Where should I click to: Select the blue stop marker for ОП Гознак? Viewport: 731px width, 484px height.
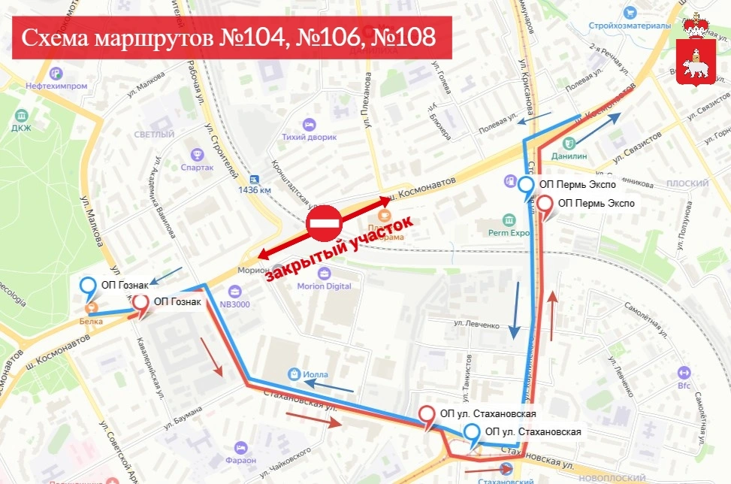(89, 286)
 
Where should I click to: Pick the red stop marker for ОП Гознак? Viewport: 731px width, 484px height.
(141, 304)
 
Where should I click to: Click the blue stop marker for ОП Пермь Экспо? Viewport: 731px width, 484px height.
(527, 185)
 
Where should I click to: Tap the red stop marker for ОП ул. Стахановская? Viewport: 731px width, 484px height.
(427, 413)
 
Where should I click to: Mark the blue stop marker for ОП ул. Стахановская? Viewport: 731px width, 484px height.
(472, 432)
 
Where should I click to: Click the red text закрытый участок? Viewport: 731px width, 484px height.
(340, 250)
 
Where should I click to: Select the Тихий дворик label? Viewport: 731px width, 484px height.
(309, 137)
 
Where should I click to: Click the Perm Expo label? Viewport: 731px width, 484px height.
(510, 233)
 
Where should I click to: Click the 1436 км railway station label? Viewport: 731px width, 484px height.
(254, 189)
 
